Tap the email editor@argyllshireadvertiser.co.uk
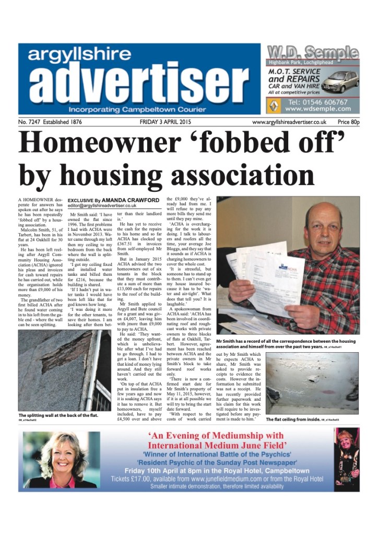pyautogui.click(x=108, y=206)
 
